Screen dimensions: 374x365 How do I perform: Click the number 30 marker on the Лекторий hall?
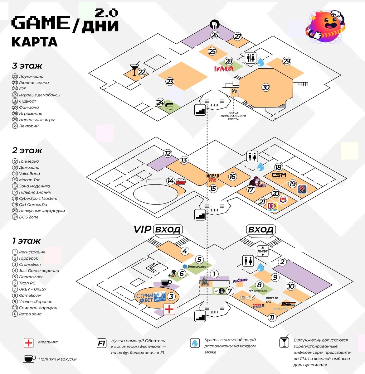tap(266, 87)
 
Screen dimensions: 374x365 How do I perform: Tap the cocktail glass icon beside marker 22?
tap(134, 70)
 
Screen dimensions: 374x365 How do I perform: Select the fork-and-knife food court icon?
tap(214, 24)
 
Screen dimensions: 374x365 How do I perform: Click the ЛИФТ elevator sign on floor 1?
tap(263, 251)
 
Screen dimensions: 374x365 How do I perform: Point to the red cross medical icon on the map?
tap(169, 309)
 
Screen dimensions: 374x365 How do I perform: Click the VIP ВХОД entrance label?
tap(158, 229)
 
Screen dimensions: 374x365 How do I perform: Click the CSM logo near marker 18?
tap(279, 175)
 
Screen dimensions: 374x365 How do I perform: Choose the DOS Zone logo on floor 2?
tap(272, 207)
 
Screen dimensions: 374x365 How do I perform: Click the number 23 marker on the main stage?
tap(170, 82)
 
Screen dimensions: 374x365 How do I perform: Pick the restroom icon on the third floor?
tap(251, 58)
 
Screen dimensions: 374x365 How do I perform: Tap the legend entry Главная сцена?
tap(34, 83)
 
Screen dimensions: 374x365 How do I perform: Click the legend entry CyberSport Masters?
tap(38, 198)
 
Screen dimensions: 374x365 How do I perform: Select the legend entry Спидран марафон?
tap(38, 308)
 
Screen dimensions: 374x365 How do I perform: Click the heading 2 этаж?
tap(27, 151)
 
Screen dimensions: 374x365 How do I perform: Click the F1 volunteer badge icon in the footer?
tap(102, 343)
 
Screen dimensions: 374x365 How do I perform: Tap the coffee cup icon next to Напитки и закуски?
tap(29, 359)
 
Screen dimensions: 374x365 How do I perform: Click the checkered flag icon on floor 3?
tap(234, 92)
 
